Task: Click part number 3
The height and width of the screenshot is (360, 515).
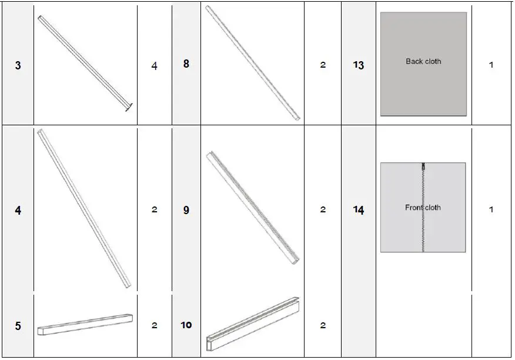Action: [18, 65]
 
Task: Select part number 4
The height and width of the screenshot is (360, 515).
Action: [18, 210]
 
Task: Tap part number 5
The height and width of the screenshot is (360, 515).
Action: [18, 325]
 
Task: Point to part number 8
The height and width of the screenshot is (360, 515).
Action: [186, 64]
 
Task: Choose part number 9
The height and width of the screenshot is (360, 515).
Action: [186, 210]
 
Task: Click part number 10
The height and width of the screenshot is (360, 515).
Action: [186, 325]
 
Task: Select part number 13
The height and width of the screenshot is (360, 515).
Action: [359, 65]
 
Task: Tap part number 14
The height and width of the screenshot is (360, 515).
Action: [359, 210]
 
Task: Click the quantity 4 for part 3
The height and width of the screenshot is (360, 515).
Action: [155, 66]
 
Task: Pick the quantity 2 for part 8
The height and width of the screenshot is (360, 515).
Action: [323, 65]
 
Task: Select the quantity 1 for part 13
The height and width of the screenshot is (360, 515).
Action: [491, 65]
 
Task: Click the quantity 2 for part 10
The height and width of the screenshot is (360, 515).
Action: [323, 325]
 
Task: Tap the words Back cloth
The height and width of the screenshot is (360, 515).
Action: [423, 61]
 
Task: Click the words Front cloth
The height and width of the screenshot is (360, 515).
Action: [423, 208]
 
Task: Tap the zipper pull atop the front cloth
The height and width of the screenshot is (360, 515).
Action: [423, 166]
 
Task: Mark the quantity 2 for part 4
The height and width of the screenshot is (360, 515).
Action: [155, 209]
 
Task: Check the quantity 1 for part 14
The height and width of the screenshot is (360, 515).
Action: [491, 209]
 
